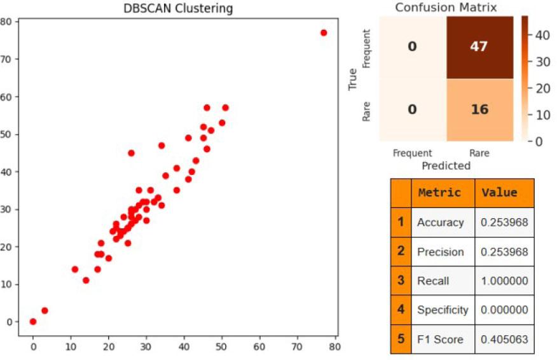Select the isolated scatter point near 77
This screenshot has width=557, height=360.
324,32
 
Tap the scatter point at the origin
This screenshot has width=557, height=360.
33,322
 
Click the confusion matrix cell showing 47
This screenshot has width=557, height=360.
479,46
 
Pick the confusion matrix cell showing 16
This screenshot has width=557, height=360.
479,109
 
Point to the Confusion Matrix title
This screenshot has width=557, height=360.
446,8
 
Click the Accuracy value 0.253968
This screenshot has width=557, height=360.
504,223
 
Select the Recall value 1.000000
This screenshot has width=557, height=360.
504,280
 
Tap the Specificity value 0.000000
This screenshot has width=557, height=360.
504,310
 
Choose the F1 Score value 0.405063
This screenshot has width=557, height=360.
504,339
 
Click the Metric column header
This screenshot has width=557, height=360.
439,193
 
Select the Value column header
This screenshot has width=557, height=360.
499,193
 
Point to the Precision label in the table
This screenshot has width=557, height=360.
440,252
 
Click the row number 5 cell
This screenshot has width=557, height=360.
401,339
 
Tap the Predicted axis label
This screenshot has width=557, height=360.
446,165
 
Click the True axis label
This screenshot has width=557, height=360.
354,79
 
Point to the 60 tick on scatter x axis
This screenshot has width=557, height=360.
259,347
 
